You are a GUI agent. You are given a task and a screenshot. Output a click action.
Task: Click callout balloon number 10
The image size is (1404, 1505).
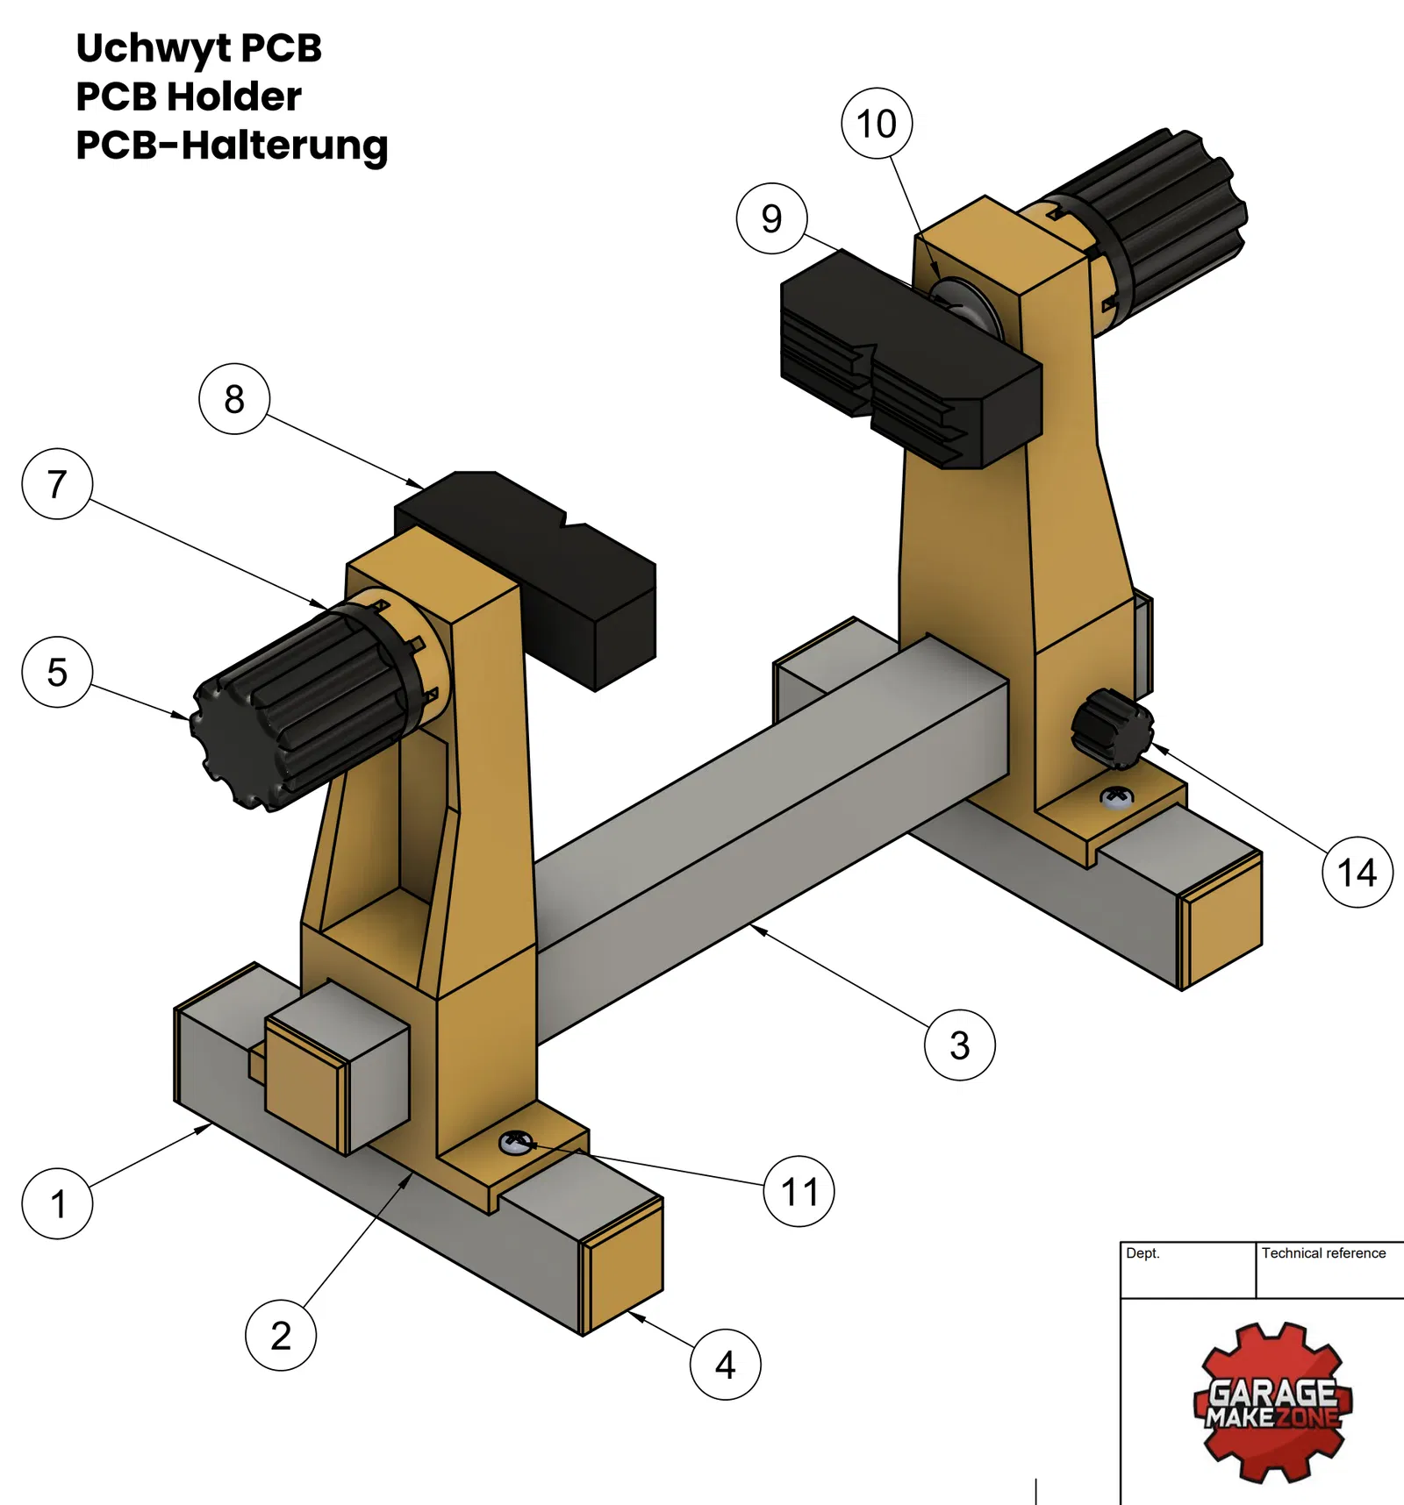click(x=877, y=124)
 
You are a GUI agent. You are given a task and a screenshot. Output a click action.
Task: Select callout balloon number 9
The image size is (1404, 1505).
click(x=771, y=218)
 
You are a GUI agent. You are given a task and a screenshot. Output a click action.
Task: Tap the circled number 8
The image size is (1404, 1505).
click(x=234, y=399)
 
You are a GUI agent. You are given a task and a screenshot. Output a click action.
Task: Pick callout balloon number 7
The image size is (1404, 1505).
click(x=57, y=484)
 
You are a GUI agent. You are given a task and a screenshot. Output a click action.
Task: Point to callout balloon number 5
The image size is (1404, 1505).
click(x=57, y=672)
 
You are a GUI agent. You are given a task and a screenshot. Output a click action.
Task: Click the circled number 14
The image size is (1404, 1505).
click(x=1357, y=872)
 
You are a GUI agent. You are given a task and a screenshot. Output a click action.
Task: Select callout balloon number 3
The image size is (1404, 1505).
click(x=959, y=1045)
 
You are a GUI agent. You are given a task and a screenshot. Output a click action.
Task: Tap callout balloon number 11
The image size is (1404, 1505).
click(x=799, y=1191)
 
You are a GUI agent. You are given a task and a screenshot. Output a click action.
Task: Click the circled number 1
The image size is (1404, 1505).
click(x=57, y=1203)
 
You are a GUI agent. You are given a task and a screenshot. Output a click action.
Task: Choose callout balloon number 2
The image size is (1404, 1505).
click(x=281, y=1335)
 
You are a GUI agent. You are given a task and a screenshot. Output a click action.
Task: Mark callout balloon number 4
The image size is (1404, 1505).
click(x=725, y=1364)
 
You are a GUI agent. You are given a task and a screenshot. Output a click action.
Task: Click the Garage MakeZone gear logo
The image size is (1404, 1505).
click(x=1272, y=1402)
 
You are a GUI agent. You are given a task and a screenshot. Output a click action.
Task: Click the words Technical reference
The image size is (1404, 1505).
click(x=1323, y=1253)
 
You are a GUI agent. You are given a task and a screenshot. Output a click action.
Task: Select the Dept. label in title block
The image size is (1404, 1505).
click(x=1143, y=1253)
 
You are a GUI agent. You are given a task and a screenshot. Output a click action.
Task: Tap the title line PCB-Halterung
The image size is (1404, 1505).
click(x=232, y=145)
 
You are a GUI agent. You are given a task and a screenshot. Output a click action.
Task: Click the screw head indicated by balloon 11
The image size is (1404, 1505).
click(x=515, y=1142)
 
